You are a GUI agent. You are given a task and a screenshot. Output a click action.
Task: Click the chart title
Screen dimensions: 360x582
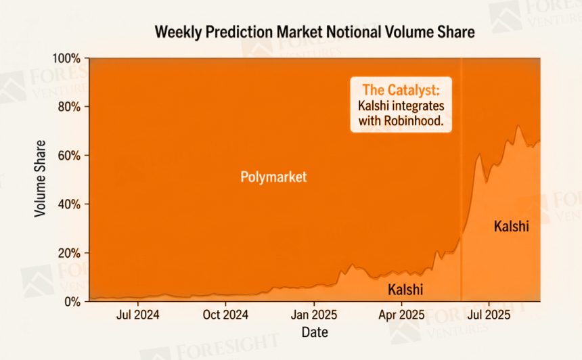(x=315, y=32)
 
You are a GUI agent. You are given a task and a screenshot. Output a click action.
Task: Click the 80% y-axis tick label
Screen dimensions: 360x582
(x=70, y=107)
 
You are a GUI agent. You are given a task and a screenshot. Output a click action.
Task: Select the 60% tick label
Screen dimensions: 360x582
(x=70, y=156)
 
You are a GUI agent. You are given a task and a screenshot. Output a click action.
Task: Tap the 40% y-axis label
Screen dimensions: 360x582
(x=70, y=204)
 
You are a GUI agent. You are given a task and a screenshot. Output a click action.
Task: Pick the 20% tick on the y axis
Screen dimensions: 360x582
(x=70, y=253)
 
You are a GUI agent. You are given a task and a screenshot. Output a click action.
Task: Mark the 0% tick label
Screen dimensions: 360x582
(x=72, y=301)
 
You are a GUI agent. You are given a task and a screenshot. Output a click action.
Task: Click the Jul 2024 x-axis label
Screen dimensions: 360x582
(x=138, y=315)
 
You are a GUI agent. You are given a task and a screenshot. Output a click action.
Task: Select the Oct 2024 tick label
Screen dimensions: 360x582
(x=225, y=315)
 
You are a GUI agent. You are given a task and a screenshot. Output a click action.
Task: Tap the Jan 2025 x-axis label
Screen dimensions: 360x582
(x=313, y=315)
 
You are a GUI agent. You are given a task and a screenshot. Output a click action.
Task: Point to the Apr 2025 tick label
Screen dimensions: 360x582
(x=401, y=315)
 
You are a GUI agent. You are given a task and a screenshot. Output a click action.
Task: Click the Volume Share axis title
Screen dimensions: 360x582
(x=41, y=179)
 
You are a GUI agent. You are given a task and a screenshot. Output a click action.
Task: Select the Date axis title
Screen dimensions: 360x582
(x=314, y=332)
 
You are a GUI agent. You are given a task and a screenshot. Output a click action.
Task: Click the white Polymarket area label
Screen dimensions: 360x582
(x=273, y=177)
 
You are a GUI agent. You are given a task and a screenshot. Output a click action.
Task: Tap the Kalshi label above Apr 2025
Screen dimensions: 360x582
(x=405, y=290)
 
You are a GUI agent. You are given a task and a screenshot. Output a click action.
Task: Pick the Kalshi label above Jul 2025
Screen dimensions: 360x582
(x=511, y=226)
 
